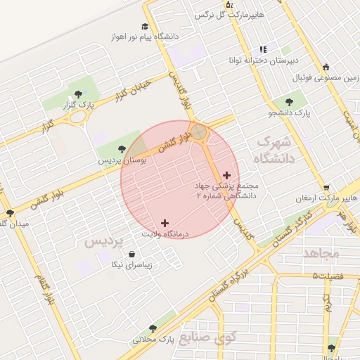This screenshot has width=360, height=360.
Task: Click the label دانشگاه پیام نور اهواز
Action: (x=145, y=36)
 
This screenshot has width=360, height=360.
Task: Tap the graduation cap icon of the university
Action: (x=145, y=26)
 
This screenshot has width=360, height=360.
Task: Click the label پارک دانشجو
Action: (x=311, y=112)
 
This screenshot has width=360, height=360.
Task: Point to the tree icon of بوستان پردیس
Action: (x=122, y=148)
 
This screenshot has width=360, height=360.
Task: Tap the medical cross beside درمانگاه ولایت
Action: (x=165, y=223)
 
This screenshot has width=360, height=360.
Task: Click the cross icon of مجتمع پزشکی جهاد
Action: (x=226, y=176)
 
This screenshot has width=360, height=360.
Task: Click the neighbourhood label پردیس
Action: (x=104, y=241)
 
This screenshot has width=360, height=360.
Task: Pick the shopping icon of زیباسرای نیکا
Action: (x=132, y=255)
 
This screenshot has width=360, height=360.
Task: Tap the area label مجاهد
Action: (x=323, y=252)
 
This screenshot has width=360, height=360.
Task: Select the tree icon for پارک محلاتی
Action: (x=153, y=328)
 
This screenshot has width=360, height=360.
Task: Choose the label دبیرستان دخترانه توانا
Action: (x=255, y=60)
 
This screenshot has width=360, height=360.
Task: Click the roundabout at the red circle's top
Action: (x=200, y=131)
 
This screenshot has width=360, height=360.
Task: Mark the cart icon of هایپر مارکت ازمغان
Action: (x=326, y=188)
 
